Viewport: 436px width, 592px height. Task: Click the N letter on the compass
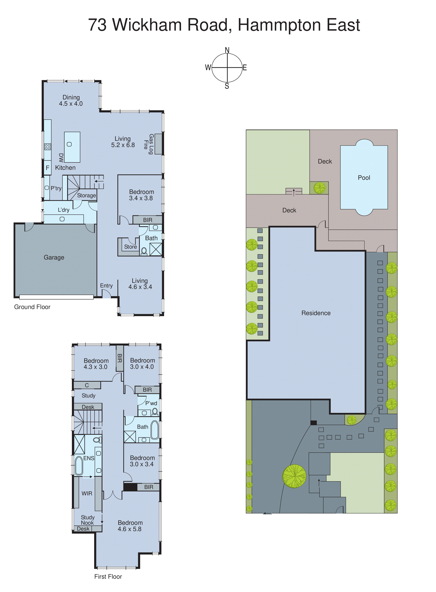click(x=227, y=50)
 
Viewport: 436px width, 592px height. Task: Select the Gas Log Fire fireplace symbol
click(x=158, y=144)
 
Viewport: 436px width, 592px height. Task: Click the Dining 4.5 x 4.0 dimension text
click(x=71, y=104)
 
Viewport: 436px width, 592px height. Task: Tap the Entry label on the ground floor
click(x=106, y=286)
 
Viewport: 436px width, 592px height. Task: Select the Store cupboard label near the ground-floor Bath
click(x=130, y=247)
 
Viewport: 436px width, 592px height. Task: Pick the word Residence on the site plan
click(x=316, y=313)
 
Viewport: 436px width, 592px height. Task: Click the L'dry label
click(x=64, y=210)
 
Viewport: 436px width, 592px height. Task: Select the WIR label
click(x=87, y=493)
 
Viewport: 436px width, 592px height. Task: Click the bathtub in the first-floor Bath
click(x=155, y=430)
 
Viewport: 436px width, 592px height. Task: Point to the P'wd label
click(x=151, y=403)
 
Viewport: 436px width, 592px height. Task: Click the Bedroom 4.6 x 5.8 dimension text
click(x=130, y=529)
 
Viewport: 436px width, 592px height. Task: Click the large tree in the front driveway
click(x=294, y=476)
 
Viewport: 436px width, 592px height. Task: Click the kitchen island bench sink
click(x=69, y=144)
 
